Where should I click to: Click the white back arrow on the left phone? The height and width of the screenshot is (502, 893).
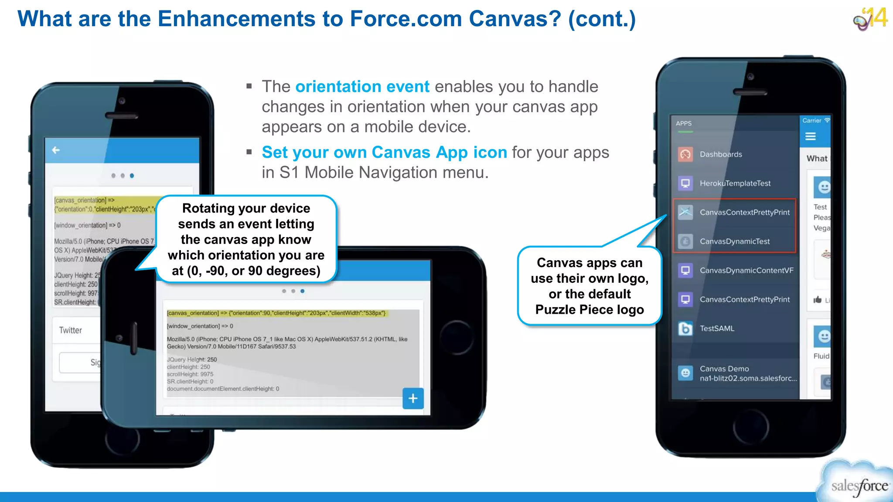[56, 150]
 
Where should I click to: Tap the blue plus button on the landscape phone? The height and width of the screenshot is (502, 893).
[413, 398]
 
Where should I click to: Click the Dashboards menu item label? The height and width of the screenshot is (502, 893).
[720, 154]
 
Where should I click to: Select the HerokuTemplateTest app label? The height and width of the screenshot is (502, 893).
[735, 183]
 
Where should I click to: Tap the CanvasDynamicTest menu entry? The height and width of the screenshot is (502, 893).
[734, 241]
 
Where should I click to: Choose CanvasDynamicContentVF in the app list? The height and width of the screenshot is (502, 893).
[746, 271]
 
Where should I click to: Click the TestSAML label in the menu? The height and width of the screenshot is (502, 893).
[717, 329]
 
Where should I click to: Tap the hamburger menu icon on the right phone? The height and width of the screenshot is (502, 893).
[810, 137]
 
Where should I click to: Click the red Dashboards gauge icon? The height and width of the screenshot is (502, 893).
[685, 154]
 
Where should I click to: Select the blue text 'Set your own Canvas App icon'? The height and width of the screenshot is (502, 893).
[384, 153]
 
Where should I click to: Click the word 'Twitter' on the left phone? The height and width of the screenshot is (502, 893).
[70, 330]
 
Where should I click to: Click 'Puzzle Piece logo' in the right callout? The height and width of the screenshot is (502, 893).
[589, 310]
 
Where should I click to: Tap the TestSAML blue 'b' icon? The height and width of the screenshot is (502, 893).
[685, 329]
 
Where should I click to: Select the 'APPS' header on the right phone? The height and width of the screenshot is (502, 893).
[683, 123]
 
